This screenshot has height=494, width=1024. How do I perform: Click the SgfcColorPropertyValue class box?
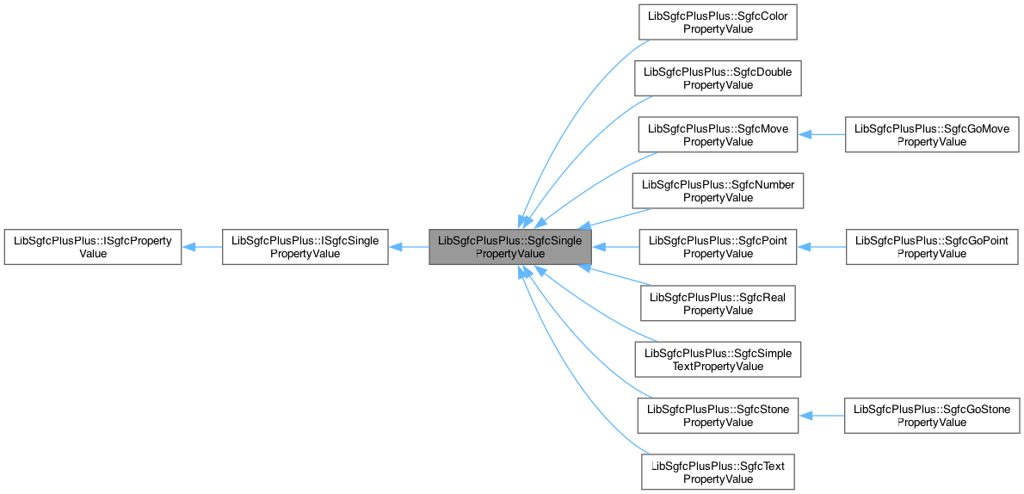[718, 22]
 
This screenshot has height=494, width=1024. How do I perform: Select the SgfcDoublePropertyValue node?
[718, 77]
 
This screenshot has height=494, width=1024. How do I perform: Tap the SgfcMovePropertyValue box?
[718, 134]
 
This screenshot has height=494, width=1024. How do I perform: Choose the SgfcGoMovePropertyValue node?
[932, 134]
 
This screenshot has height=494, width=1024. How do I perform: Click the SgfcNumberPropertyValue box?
[718, 190]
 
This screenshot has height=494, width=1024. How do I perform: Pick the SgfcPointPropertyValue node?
[718, 247]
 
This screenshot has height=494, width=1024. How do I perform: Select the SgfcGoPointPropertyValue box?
[932, 247]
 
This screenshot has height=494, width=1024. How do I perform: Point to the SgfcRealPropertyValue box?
[718, 303]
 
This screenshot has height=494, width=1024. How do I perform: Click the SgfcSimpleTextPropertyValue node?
[718, 359]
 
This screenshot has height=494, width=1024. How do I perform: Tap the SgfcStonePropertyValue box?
[718, 416]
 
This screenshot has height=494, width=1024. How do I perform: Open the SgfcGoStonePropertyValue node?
[932, 416]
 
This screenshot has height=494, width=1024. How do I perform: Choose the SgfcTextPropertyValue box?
[718, 472]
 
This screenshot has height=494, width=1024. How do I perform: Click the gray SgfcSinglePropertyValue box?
[510, 247]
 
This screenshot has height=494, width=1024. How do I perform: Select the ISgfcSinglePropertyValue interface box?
[305, 247]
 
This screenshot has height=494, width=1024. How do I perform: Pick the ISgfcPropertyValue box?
[92, 247]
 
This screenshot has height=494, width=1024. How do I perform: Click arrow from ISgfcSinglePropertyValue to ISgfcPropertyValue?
[202, 247]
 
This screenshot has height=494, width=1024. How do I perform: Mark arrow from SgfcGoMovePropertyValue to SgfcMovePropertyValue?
[823, 134]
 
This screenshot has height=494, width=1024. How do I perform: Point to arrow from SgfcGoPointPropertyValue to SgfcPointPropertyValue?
[823, 247]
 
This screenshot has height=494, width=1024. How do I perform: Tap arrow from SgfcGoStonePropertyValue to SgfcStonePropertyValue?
[823, 416]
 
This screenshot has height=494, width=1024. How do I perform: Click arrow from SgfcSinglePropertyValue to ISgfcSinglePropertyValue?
[409, 247]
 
